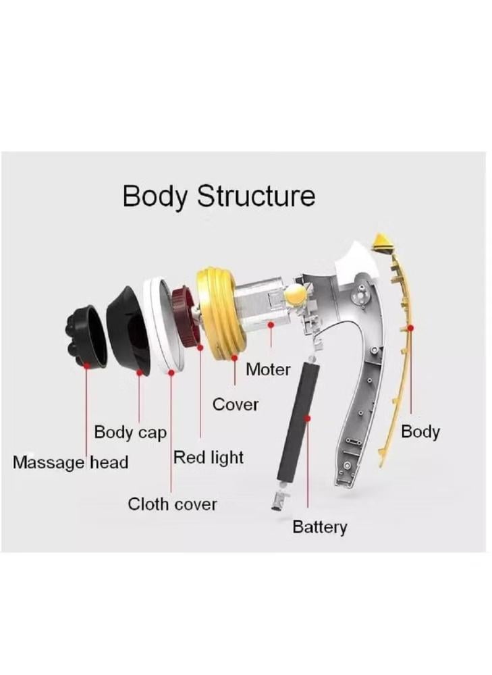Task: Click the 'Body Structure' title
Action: pos(219,196)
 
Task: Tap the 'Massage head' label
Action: pos(70,463)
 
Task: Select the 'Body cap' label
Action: pos(130,432)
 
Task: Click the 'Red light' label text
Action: pos(208,457)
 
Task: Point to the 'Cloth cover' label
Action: pos(173,504)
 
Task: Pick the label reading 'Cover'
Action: pos(236,404)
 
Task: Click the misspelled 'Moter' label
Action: pos(268,369)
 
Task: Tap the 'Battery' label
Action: pos(319,526)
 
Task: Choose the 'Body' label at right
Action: pos(420,431)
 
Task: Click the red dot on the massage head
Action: pos(87,365)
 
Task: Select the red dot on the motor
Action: pos(271,325)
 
